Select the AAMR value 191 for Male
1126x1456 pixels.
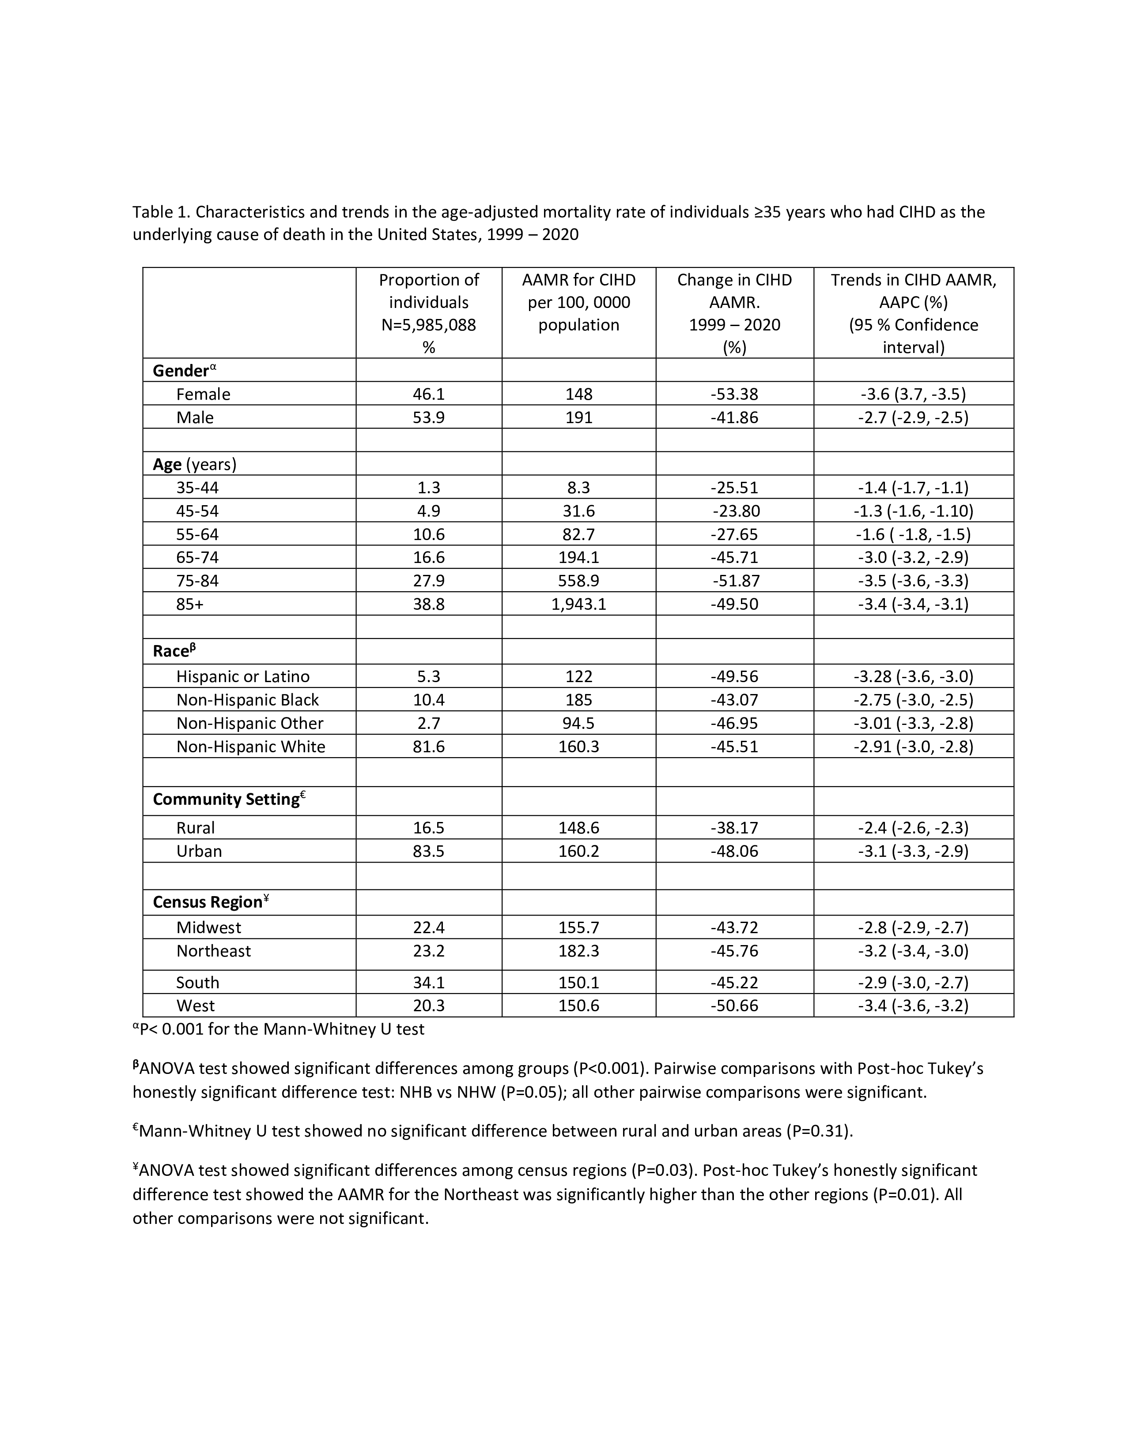pyautogui.click(x=578, y=417)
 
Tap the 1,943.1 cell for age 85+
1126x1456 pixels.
pyautogui.click(x=578, y=604)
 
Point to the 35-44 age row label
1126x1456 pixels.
pyautogui.click(x=197, y=488)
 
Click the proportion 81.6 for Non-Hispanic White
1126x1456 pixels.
pyautogui.click(x=428, y=746)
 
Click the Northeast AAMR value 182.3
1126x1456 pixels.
pyautogui.click(x=578, y=951)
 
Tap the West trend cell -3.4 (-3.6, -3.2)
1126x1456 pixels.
pyautogui.click(x=913, y=1006)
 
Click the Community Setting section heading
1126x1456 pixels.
pyautogui.click(x=226, y=799)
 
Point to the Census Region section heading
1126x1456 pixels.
pyautogui.click(x=208, y=902)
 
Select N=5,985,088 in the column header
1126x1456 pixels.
pyautogui.click(x=428, y=325)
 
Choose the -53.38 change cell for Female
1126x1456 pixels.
pyautogui.click(x=734, y=394)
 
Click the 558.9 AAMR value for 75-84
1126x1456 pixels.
pyautogui.click(x=578, y=581)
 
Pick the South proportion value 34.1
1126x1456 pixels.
pyautogui.click(x=428, y=982)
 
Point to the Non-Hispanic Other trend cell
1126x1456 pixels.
pyautogui.click(x=913, y=723)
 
